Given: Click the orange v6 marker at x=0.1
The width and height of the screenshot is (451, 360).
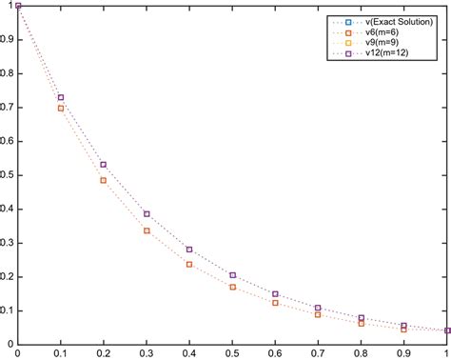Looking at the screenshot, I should [61, 109].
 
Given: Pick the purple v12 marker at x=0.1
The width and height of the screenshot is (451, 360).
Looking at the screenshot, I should [61, 98].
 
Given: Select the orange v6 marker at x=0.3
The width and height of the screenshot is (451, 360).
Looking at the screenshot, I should [147, 230].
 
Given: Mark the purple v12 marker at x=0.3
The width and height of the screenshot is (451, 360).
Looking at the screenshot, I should [147, 214].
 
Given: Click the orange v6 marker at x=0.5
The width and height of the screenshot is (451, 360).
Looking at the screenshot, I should [232, 287].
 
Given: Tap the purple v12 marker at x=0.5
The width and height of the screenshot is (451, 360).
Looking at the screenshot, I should [232, 275].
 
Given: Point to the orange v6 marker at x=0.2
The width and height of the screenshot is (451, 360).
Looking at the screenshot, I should [104, 180].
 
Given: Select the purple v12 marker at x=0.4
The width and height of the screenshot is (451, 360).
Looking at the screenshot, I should [189, 250].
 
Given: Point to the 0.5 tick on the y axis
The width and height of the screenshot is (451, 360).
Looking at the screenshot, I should [18, 175].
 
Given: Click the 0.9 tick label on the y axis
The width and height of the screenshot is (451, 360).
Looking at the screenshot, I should [8, 40].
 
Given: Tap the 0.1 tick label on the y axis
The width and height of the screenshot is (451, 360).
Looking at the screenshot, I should [8, 310].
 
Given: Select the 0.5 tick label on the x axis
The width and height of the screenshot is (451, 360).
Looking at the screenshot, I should [232, 353].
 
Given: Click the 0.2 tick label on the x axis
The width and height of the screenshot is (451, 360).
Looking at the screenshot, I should [104, 353].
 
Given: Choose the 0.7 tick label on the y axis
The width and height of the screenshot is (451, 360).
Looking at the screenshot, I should [8, 108].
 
